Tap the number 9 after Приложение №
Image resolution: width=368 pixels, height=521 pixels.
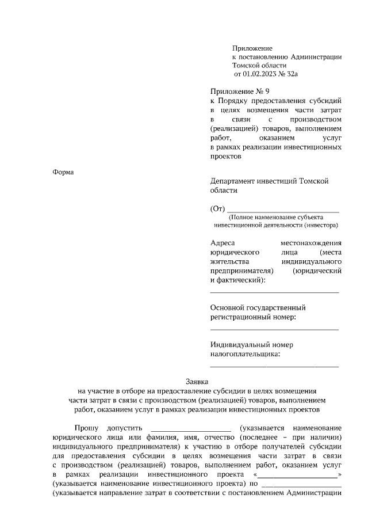coord(266,91)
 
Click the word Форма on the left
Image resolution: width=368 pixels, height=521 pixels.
coord(64,172)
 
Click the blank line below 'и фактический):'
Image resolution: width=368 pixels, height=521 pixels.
coord(274,292)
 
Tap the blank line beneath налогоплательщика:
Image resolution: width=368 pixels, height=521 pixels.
coord(274,366)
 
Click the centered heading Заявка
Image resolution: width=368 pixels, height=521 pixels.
coord(197,381)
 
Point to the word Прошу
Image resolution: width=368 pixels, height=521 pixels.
coord(86,428)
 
